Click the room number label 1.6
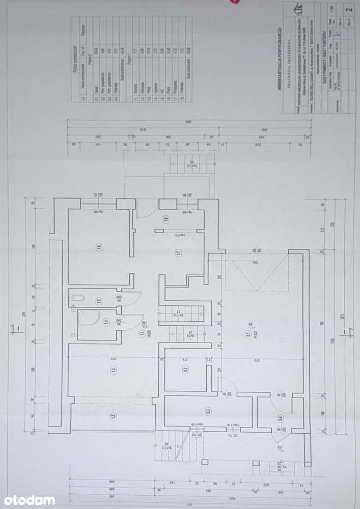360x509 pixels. (x=98, y=248)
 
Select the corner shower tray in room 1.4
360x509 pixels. (x=85, y=321)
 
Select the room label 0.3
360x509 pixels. (x=208, y=411)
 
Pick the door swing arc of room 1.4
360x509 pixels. (x=133, y=322)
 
